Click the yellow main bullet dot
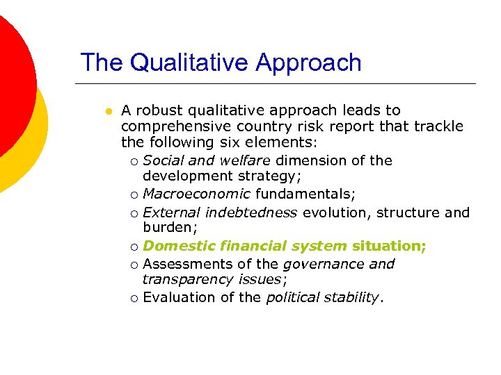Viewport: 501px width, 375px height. pyautogui.click(x=107, y=111)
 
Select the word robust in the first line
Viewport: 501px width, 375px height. pyautogui.click(x=159, y=110)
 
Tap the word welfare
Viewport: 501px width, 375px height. pyautogui.click(x=246, y=160)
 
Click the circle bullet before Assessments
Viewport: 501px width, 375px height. pyautogui.click(x=134, y=265)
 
